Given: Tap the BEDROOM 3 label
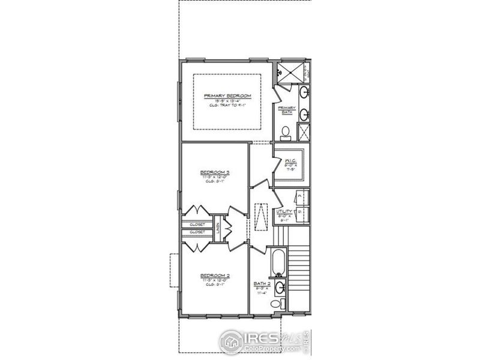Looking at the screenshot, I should point(215,172).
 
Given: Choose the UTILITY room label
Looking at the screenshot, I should point(284,212).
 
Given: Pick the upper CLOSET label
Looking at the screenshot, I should point(197,224).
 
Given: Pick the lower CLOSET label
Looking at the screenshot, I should point(197,232).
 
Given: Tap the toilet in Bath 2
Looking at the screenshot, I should point(276,304).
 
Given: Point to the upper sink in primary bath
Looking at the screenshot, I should point(304,92).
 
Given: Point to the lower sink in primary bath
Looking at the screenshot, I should point(304,113).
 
